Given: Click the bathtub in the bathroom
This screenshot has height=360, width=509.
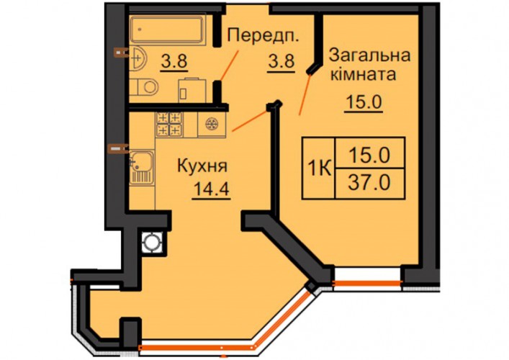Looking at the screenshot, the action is pos(168,30).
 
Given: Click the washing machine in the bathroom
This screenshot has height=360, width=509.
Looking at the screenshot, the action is pos(192,90).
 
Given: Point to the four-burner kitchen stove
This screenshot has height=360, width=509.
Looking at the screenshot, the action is pos(169,124).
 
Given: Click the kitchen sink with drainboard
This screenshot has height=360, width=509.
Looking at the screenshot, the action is pos(142,168).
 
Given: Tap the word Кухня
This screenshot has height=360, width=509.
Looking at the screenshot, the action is pos(202,166).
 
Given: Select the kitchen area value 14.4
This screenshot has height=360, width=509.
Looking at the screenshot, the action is pos(212,189).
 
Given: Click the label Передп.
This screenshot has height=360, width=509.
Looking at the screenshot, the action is pos(263,35).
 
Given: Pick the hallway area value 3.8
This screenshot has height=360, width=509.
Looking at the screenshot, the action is pos(281,61).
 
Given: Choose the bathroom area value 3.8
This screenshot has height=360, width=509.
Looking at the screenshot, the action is pos(174,60).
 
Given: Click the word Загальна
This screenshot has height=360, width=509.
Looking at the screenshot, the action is pos(369,56).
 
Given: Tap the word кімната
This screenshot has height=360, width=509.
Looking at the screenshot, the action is pos(364,74).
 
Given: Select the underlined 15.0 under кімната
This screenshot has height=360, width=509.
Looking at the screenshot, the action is pos(364,102).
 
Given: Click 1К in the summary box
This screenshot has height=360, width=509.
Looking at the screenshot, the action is pos(319,168).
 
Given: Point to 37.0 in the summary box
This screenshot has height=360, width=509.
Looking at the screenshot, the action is pos(369,183).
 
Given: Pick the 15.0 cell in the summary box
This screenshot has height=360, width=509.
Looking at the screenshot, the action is pos(369,156).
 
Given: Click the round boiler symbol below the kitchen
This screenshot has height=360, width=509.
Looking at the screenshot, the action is pos(152,242).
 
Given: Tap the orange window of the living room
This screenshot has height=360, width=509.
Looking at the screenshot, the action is pos(367,284).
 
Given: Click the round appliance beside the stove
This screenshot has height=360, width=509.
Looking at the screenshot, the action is pos(212,124).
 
